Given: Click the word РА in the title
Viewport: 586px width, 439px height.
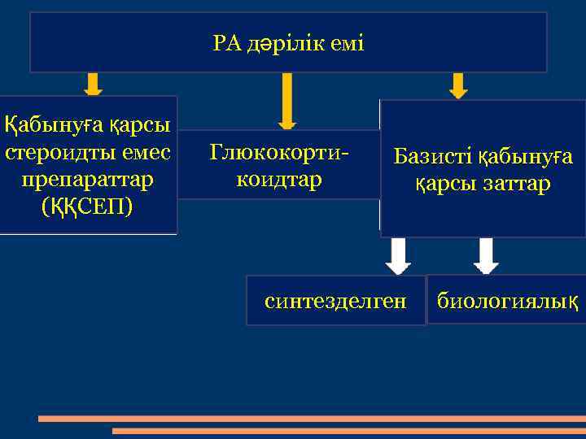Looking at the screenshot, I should point(227,44).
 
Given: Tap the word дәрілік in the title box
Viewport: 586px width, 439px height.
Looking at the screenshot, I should point(281,44).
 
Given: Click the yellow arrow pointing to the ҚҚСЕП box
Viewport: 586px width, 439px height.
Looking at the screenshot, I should point(93,84).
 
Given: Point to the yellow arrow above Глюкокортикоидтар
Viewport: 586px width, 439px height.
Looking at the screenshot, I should point(286,100).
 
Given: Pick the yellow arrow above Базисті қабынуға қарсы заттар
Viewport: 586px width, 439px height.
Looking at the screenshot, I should point(458,85).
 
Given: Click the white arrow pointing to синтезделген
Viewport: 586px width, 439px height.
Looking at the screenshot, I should point(398,256).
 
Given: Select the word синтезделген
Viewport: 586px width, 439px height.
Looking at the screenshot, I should point(335,302).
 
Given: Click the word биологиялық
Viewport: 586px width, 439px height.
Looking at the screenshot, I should point(508,302).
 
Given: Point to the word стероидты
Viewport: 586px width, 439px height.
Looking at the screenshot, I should point(55,153).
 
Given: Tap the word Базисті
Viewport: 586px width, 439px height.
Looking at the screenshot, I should point(432,156).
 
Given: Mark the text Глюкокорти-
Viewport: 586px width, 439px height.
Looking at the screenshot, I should point(278,152).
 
